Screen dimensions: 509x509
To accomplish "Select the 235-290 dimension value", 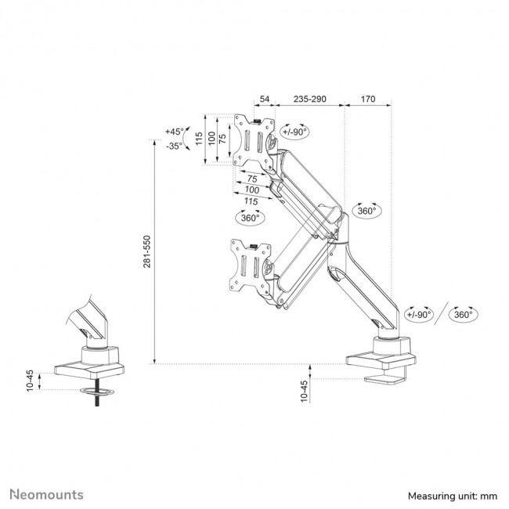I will tap(309, 99).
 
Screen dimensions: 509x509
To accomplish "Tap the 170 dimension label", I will tap(368, 99).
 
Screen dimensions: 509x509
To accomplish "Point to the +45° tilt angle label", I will tap(174, 132).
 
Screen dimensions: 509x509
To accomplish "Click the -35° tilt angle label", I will tap(174, 146).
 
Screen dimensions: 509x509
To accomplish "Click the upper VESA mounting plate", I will tap(255, 141).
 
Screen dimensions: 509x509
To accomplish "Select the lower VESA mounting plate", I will tap(251, 269).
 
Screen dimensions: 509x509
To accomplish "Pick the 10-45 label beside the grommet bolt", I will tap(30, 380).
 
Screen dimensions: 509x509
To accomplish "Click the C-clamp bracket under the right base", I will tap(388, 381).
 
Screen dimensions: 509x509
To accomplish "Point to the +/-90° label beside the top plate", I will tap(295, 132).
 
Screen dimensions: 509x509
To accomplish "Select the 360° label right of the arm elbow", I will tap(367, 210).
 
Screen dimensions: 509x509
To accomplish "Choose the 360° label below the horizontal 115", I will tap(251, 218).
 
